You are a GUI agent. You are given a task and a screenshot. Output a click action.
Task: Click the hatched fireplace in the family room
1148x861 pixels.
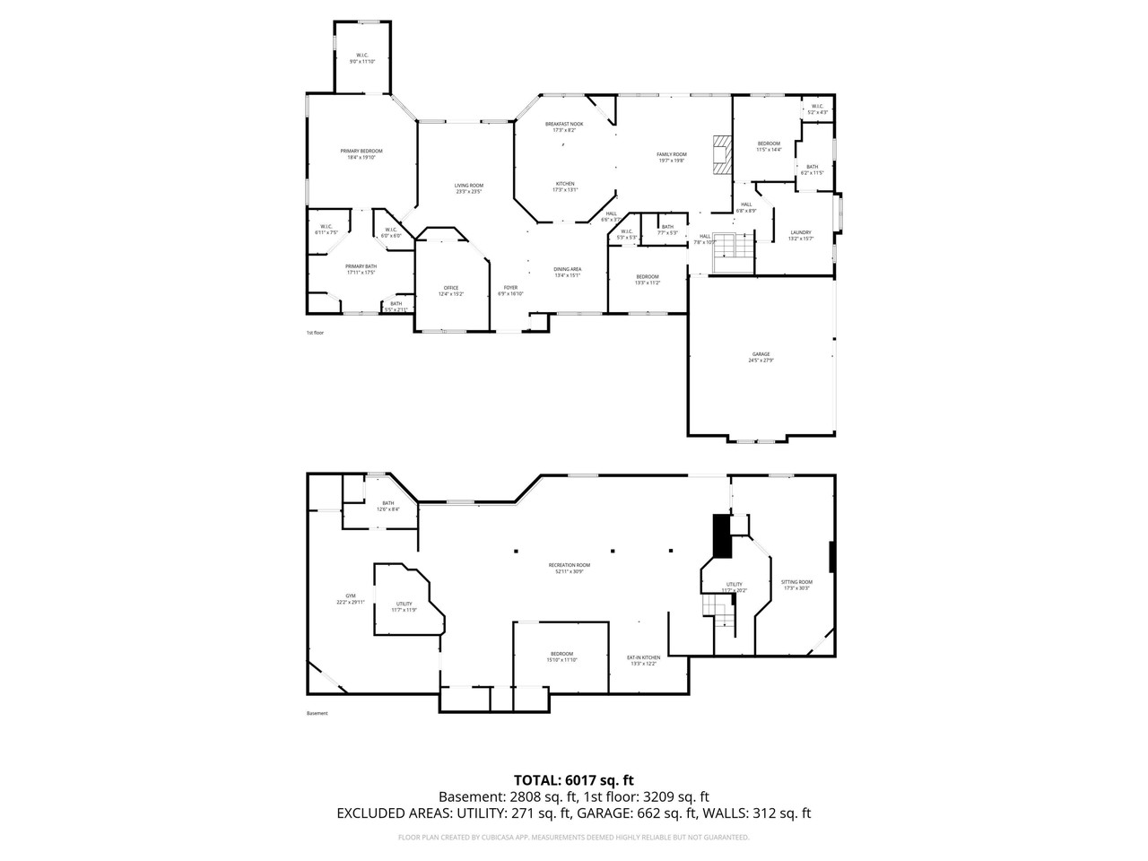(721, 153)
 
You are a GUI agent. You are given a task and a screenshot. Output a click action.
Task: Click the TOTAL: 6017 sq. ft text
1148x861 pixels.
(573, 779)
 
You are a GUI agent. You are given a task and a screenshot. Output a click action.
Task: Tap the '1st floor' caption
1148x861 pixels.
(315, 333)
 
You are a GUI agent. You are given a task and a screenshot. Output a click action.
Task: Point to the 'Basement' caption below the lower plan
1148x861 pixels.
(317, 713)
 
